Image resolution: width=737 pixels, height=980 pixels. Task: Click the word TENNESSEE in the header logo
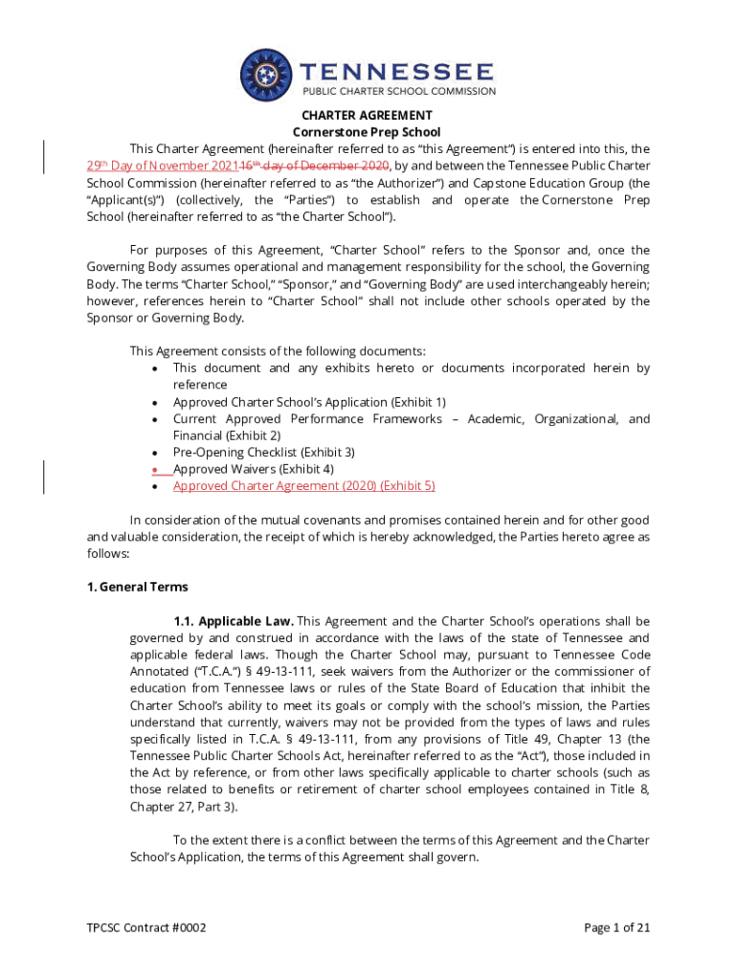click(x=398, y=72)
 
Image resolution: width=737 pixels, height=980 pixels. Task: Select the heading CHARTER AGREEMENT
click(x=368, y=115)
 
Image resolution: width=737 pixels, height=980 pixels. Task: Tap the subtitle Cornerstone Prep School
click(x=368, y=132)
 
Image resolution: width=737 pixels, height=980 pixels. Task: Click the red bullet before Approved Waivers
click(x=155, y=470)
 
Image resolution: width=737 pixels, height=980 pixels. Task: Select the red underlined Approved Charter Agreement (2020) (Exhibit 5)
click(x=303, y=486)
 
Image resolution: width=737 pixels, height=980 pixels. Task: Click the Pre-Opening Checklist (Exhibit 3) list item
click(x=263, y=452)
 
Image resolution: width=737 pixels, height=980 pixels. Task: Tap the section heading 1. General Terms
click(x=137, y=587)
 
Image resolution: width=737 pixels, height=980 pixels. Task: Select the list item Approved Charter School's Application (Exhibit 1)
click(x=308, y=402)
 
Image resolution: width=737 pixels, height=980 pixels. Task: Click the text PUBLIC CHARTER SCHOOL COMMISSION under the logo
click(x=399, y=92)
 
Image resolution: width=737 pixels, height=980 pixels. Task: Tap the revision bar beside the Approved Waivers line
click(x=44, y=477)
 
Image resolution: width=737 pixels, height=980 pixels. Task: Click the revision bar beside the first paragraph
click(x=44, y=157)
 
